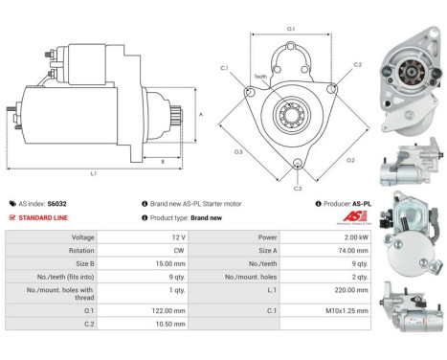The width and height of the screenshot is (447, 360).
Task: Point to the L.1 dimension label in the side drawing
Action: [94, 172]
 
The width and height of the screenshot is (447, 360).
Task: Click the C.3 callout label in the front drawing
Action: [298, 175]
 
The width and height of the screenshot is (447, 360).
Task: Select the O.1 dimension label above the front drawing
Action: [291, 30]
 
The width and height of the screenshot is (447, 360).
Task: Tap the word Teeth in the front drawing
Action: [260, 77]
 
